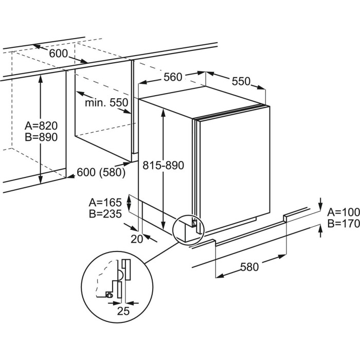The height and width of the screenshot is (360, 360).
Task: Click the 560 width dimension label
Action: coord(173,77)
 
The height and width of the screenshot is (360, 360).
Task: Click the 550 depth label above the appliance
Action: coord(241,81)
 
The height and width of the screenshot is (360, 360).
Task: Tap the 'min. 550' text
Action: coord(106,103)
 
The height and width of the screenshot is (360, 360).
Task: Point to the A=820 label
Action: coord(41,125)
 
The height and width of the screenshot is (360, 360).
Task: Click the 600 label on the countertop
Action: coord(59,53)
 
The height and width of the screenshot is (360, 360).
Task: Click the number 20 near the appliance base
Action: coord(137,238)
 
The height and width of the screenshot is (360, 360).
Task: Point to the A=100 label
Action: coord(343,212)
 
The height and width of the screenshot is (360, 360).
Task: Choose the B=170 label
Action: coord(343,224)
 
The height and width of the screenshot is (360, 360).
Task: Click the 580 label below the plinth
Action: coord(249,266)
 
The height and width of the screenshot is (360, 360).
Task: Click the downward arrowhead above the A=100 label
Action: coord(321,204)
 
